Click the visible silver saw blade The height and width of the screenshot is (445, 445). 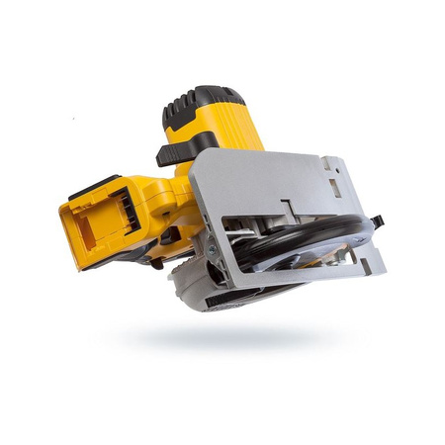point(316,252)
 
